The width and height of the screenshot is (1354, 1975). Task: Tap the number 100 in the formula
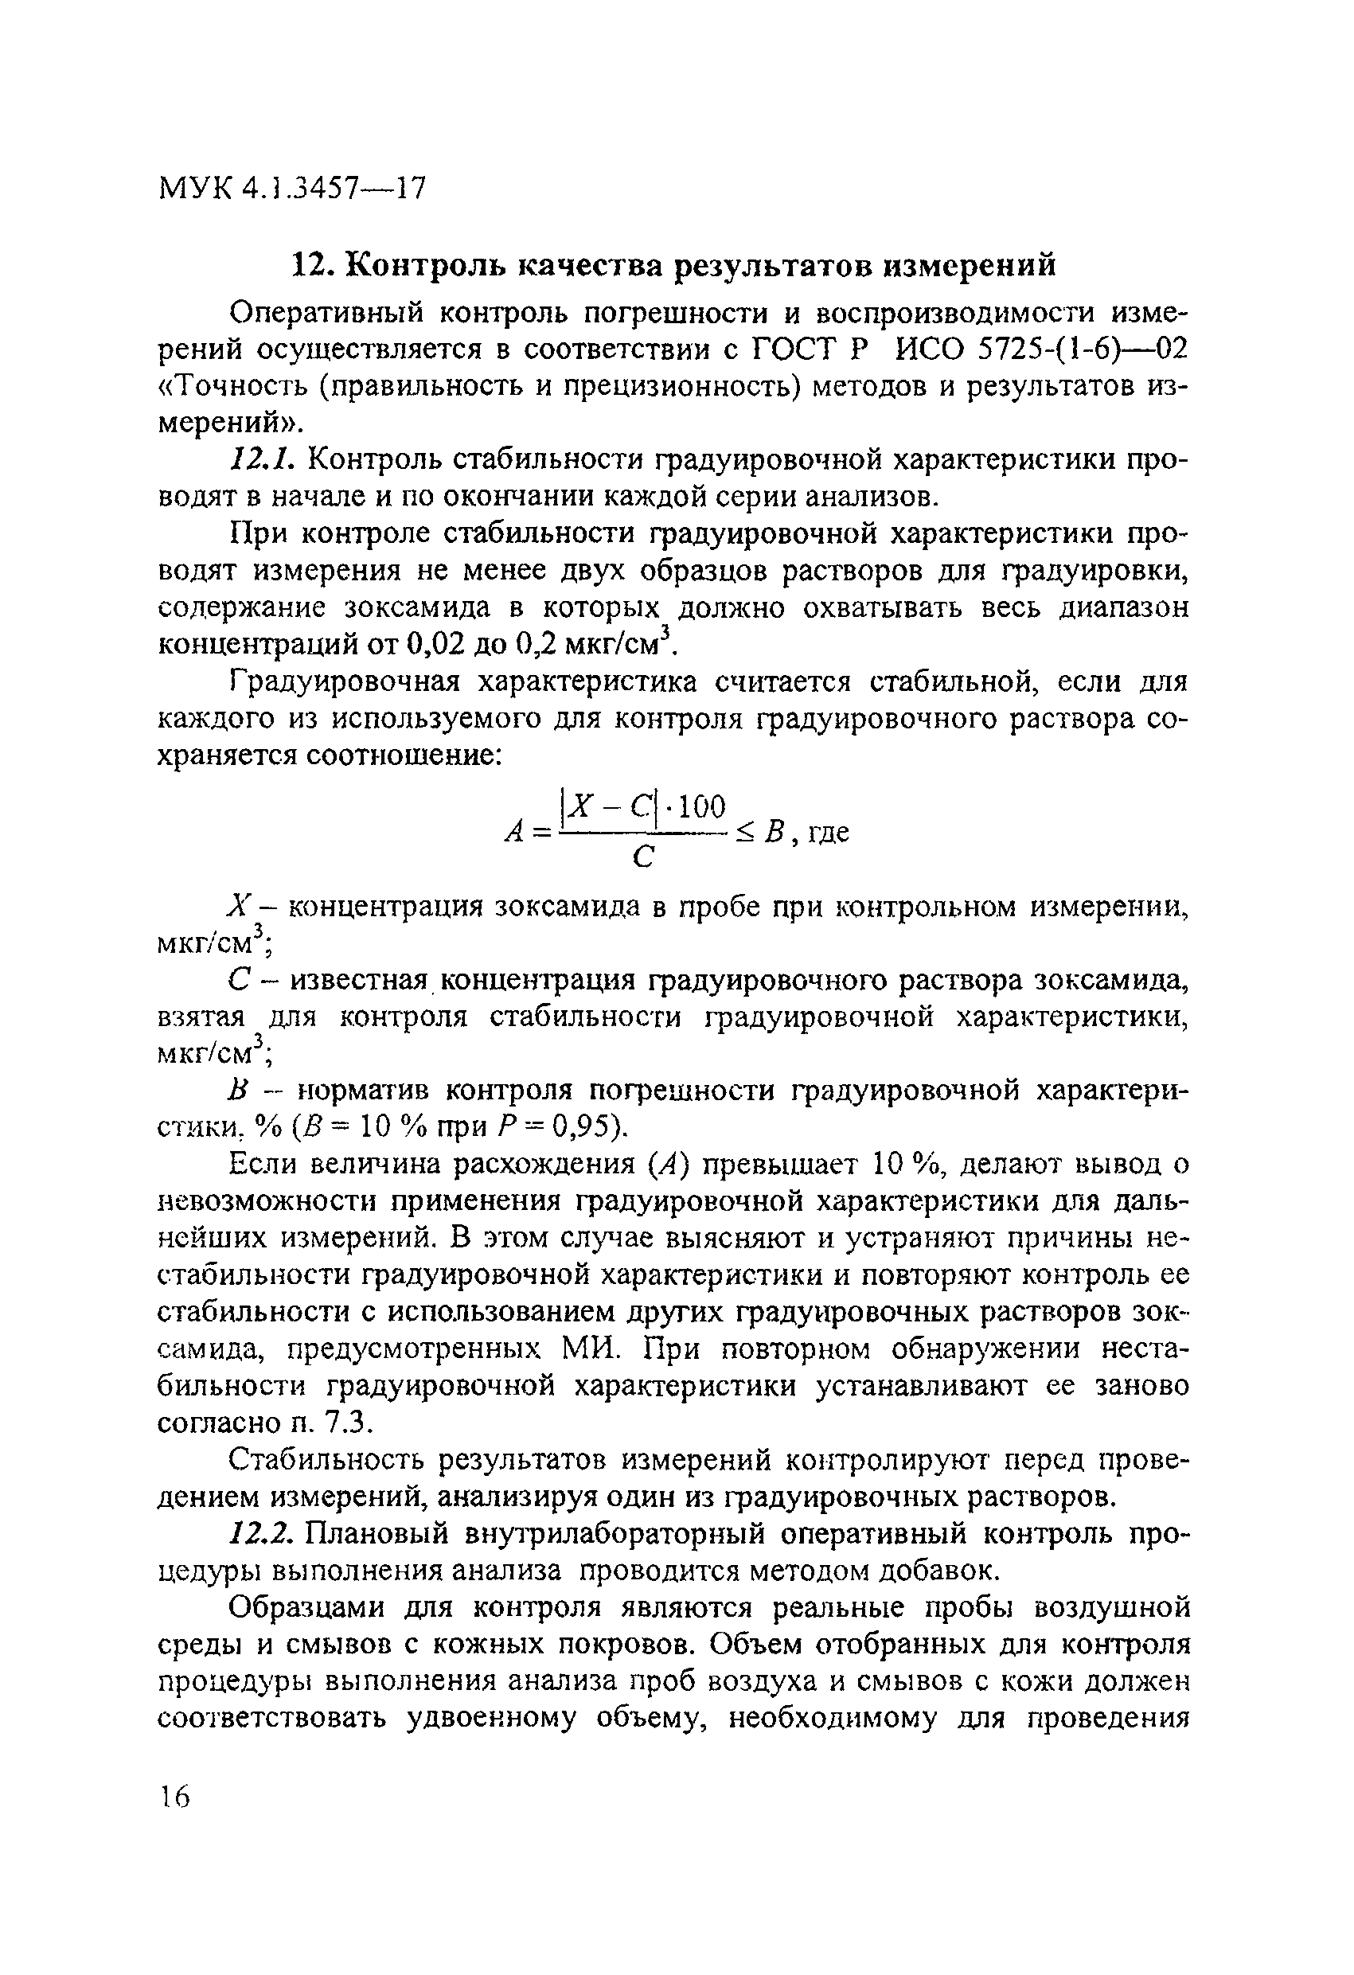tap(702, 805)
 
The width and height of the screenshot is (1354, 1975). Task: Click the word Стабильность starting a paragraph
tap(330, 1460)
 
